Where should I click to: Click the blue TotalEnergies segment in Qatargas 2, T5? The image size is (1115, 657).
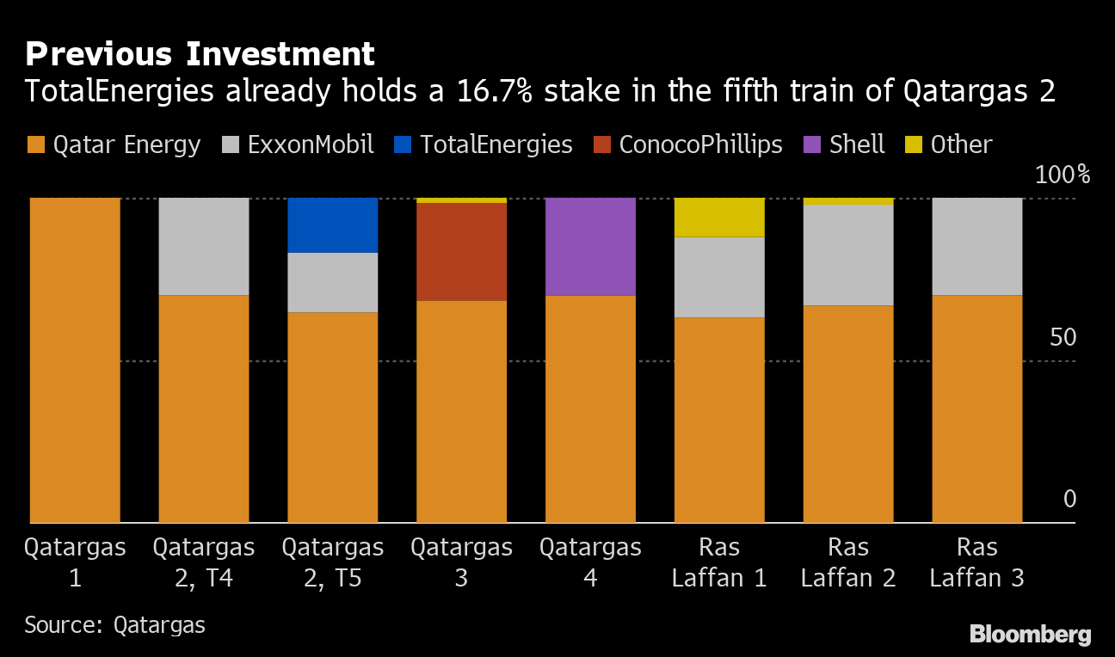332,224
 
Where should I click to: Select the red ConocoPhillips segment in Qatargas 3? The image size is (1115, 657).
461,251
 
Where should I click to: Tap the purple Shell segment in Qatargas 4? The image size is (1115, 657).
590,246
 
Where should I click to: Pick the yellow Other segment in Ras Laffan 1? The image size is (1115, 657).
719,217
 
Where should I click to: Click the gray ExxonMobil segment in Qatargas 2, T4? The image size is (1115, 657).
204,246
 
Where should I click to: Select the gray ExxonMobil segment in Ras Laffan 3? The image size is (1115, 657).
977,246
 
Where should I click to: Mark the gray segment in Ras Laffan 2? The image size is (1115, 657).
848,255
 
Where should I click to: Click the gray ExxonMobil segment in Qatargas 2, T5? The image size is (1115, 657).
332,282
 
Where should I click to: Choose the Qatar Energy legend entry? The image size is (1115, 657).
114,144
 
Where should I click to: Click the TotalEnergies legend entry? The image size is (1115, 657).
485,144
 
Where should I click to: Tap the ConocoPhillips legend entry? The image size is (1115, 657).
687,144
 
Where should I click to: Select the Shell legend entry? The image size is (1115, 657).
845,144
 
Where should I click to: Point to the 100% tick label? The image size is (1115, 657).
1062,175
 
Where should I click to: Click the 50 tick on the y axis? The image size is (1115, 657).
1063,337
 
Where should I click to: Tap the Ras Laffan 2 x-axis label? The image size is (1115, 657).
848,562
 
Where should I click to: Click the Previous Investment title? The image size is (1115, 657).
200,54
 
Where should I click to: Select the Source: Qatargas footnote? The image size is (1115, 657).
115,624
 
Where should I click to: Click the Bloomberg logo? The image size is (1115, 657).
1030,635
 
